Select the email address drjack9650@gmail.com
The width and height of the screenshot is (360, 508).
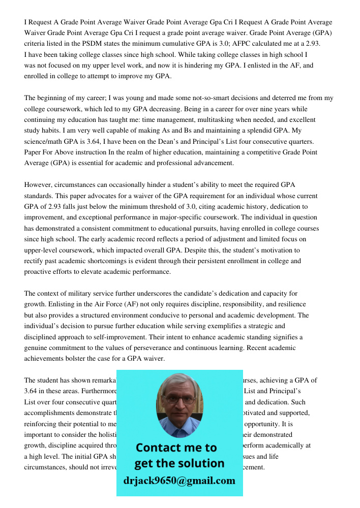179,481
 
